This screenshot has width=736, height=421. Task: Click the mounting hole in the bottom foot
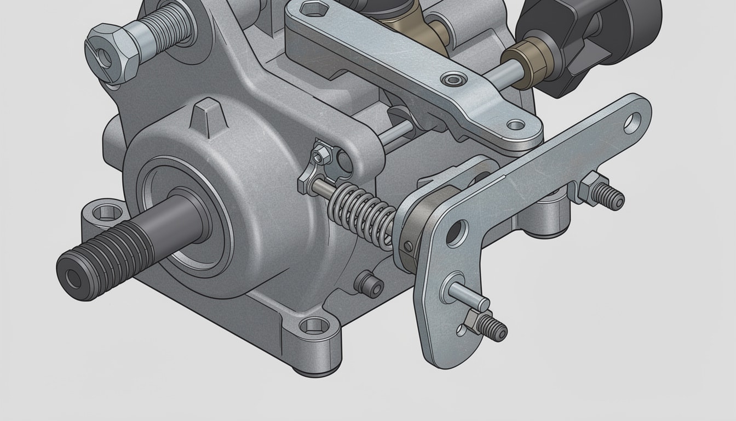coord(315,326)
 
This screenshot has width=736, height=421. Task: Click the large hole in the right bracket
coord(456,233)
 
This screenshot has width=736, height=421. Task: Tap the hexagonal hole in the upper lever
coord(313,9)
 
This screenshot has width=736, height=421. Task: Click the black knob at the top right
coord(586,38)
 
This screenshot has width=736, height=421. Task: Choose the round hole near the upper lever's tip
coord(515,124)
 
